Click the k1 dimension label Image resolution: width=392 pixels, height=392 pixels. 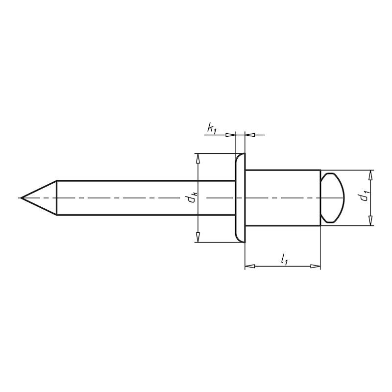tap(212, 129)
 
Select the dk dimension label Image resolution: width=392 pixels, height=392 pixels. tap(193, 197)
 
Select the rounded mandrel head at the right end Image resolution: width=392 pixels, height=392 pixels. tap(333, 197)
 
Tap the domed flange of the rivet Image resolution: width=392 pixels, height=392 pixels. tap(240, 197)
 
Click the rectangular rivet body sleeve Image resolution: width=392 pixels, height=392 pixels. tap(282, 197)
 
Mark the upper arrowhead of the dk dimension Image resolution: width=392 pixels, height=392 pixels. tap(197, 158)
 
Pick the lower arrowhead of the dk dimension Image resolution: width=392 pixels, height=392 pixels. tap(197, 237)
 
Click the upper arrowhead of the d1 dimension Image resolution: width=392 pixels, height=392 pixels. tap(371, 175)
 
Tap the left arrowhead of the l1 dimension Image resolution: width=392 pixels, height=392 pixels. tap(249, 266)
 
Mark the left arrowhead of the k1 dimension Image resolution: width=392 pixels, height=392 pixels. tap(231, 134)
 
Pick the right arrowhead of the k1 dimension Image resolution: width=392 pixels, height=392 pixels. tap(249, 134)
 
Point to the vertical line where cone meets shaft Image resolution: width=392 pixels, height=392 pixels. tap(57, 197)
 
